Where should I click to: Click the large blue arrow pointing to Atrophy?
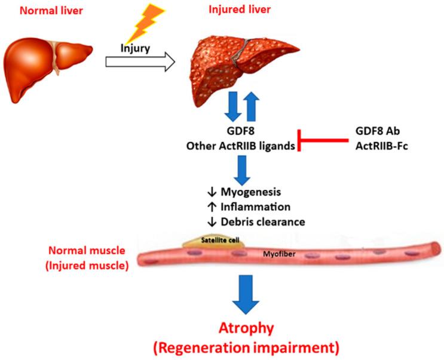click(248, 296)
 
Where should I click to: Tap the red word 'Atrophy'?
click(247, 328)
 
